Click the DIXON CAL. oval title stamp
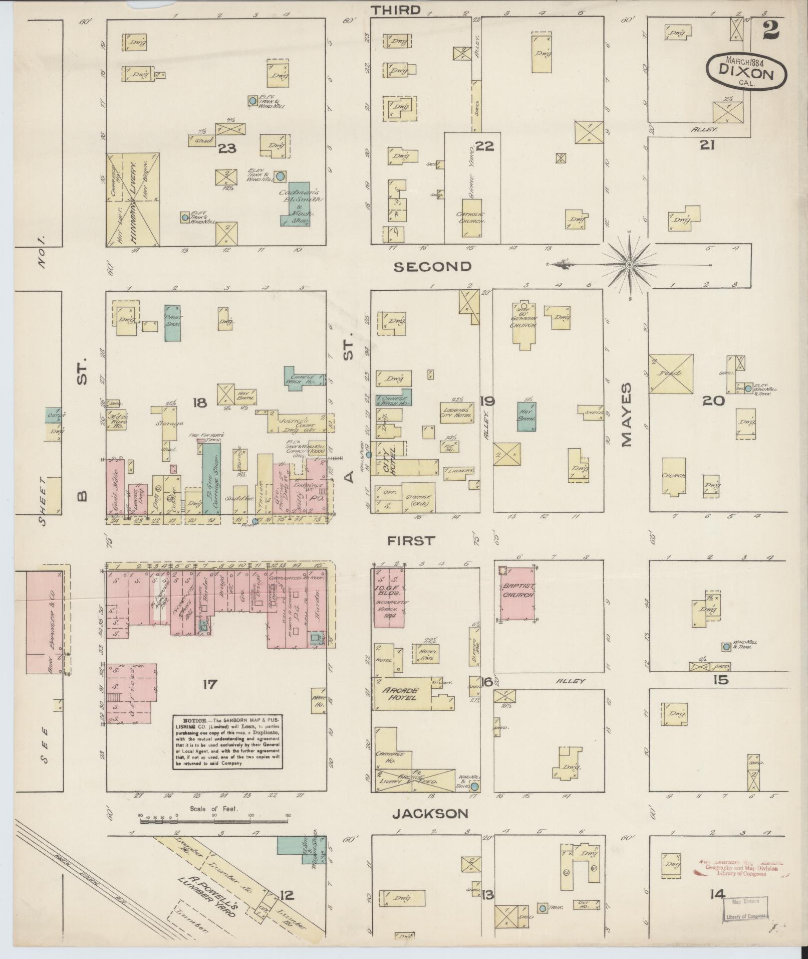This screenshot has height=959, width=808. pyautogui.click(x=746, y=70)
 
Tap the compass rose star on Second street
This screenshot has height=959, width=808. pyautogui.click(x=630, y=265)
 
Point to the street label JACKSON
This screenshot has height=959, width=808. pyautogui.click(x=430, y=813)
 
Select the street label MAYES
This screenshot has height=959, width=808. pyautogui.click(x=626, y=415)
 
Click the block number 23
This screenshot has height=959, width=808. pyautogui.click(x=227, y=148)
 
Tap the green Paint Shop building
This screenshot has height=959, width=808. pyautogui.click(x=172, y=322)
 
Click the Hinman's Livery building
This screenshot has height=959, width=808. pyautogui.click(x=133, y=200)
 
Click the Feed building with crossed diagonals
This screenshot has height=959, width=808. pyautogui.click(x=671, y=373)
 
